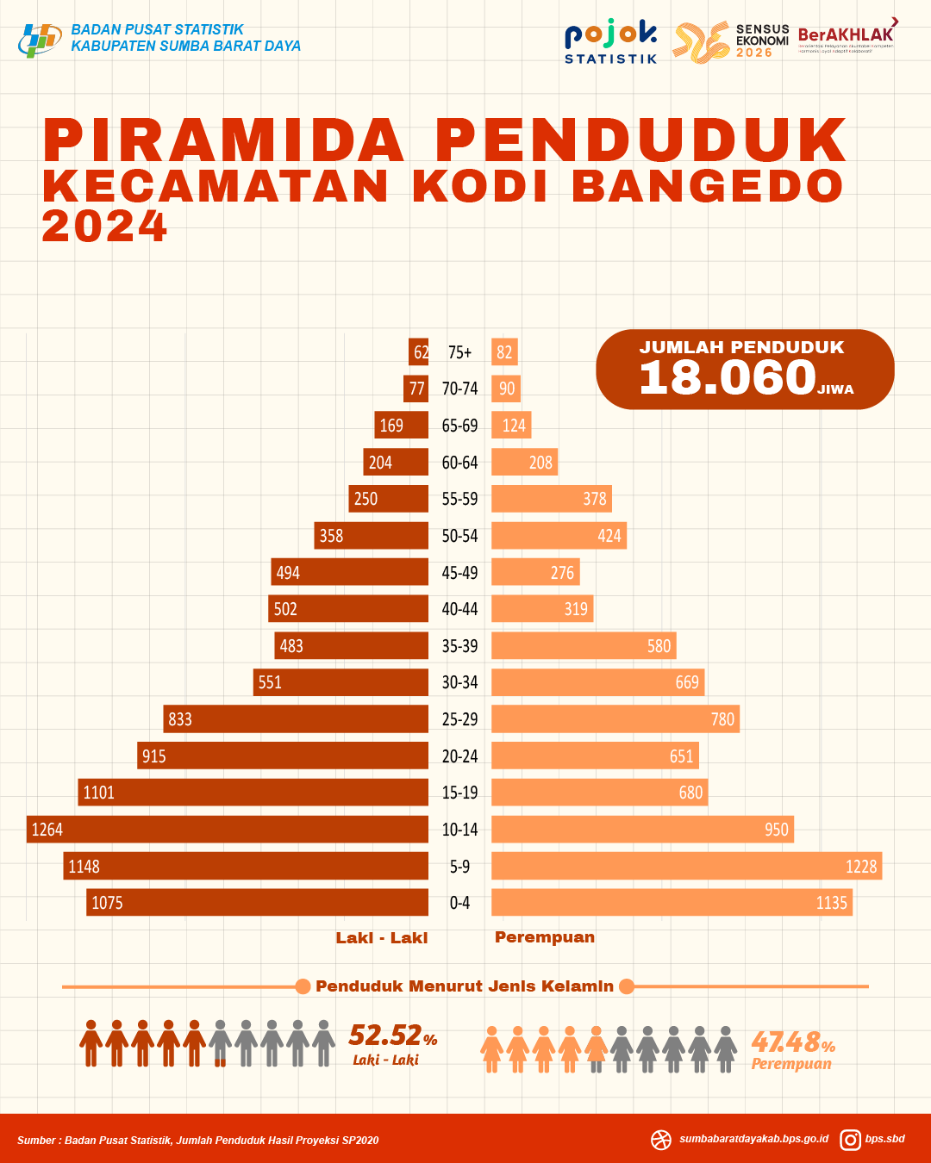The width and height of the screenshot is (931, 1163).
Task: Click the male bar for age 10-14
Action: (228, 830)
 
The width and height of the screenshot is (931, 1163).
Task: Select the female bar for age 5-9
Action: (686, 867)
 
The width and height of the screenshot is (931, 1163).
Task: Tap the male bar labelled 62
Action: (419, 351)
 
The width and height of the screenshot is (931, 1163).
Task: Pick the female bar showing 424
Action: (559, 536)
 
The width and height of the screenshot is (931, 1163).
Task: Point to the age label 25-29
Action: (459, 719)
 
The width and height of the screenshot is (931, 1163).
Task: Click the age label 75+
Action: (459, 352)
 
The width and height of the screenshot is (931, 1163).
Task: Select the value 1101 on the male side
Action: (98, 793)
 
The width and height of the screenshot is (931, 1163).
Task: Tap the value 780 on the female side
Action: (722, 719)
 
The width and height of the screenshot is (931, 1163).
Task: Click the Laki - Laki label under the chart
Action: (381, 938)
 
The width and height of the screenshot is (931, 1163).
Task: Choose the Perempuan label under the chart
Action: (545, 937)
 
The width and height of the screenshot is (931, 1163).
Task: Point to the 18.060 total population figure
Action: (728, 377)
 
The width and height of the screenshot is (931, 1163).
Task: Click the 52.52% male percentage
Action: (392, 1035)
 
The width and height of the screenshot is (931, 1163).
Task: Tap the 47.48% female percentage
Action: (792, 1042)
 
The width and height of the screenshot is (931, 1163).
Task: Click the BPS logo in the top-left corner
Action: (40, 39)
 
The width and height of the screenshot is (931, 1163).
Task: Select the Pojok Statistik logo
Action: (610, 42)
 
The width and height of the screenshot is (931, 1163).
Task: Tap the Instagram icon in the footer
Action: (850, 1140)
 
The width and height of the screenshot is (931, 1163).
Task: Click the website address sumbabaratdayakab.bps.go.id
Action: (753, 1139)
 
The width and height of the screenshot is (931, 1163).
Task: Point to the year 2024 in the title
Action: (104, 227)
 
